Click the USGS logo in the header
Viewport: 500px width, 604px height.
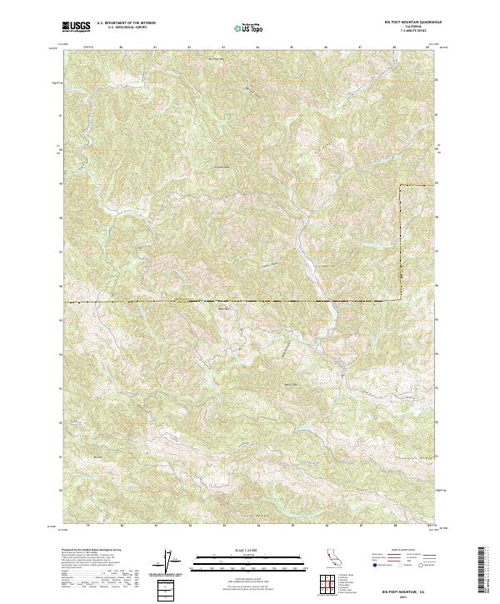76,27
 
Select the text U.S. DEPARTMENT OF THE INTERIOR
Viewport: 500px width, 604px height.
125,24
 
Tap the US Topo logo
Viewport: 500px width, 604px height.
250,28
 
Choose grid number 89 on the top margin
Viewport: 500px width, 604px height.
428,47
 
